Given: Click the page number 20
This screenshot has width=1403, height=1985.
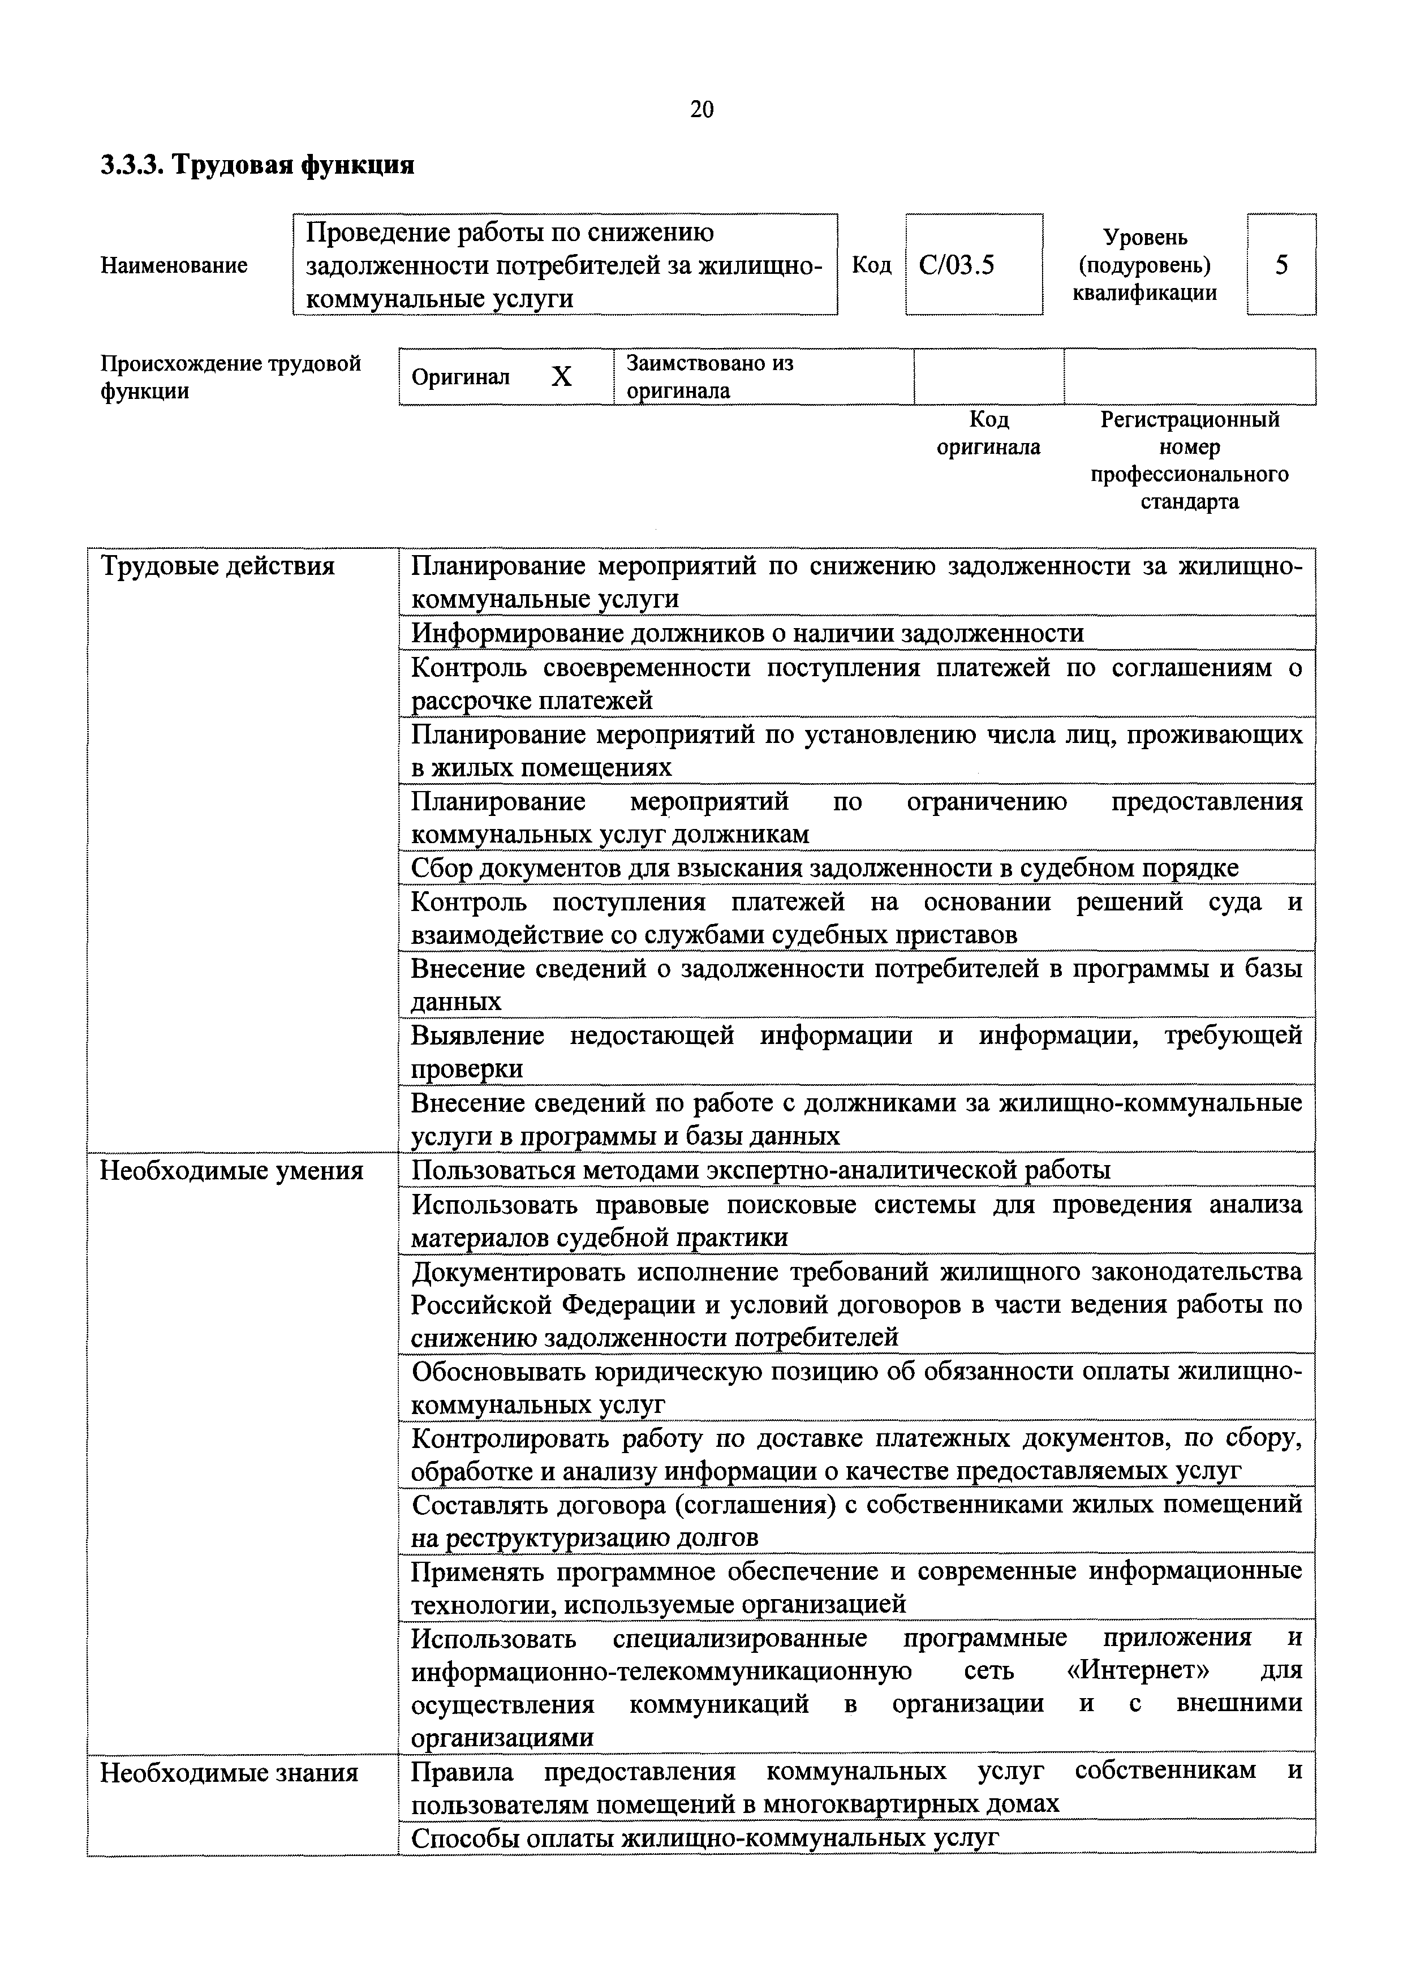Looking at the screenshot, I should tap(701, 109).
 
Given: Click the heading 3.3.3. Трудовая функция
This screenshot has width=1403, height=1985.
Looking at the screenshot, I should tap(257, 164).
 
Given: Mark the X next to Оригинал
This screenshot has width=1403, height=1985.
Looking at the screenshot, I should tap(561, 377).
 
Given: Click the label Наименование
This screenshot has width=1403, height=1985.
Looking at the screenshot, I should tap(174, 265).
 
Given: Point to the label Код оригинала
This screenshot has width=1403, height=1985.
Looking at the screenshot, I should tap(989, 433).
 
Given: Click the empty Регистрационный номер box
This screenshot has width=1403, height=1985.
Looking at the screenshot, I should tap(1190, 376).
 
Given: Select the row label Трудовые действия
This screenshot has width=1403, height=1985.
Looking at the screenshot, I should tap(217, 566).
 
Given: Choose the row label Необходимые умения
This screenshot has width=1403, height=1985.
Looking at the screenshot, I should tap(232, 1171).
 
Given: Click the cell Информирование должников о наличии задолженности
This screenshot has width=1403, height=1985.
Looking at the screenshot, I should tap(747, 633).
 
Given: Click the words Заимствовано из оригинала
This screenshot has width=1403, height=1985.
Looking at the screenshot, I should tap(709, 377).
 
